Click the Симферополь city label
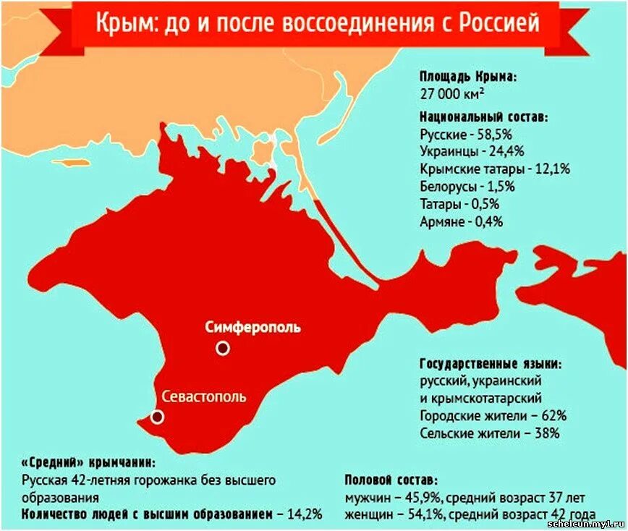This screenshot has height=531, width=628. (x=253, y=327)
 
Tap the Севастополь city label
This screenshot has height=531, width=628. (x=204, y=396)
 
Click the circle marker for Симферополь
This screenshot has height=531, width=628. (x=223, y=348)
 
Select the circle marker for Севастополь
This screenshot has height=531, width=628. (x=157, y=417)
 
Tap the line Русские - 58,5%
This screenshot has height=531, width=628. (x=466, y=135)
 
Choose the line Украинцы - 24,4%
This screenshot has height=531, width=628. (x=471, y=152)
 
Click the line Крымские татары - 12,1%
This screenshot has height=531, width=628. (x=495, y=169)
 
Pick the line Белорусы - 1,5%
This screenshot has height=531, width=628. (x=467, y=187)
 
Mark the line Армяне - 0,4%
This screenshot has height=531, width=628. (x=461, y=221)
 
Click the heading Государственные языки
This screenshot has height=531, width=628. (x=491, y=363)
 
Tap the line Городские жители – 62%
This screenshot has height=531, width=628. (x=493, y=416)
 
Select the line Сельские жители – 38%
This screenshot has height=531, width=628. (x=489, y=433)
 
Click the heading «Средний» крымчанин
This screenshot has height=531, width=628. (x=88, y=462)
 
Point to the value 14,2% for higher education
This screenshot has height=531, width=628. (x=305, y=514)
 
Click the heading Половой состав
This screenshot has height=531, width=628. (x=391, y=480)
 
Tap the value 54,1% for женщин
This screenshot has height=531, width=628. (x=428, y=514)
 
